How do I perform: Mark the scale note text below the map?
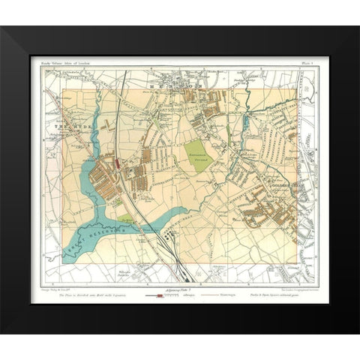click(82, 295)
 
